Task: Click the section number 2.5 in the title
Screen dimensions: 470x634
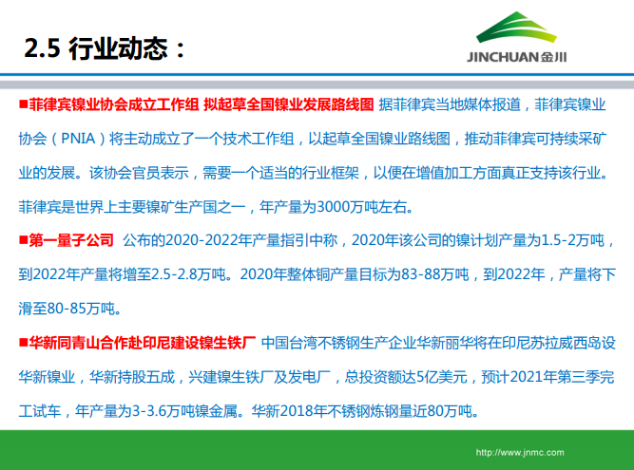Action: [x=41, y=47]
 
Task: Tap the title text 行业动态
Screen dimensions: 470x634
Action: [x=122, y=47]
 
